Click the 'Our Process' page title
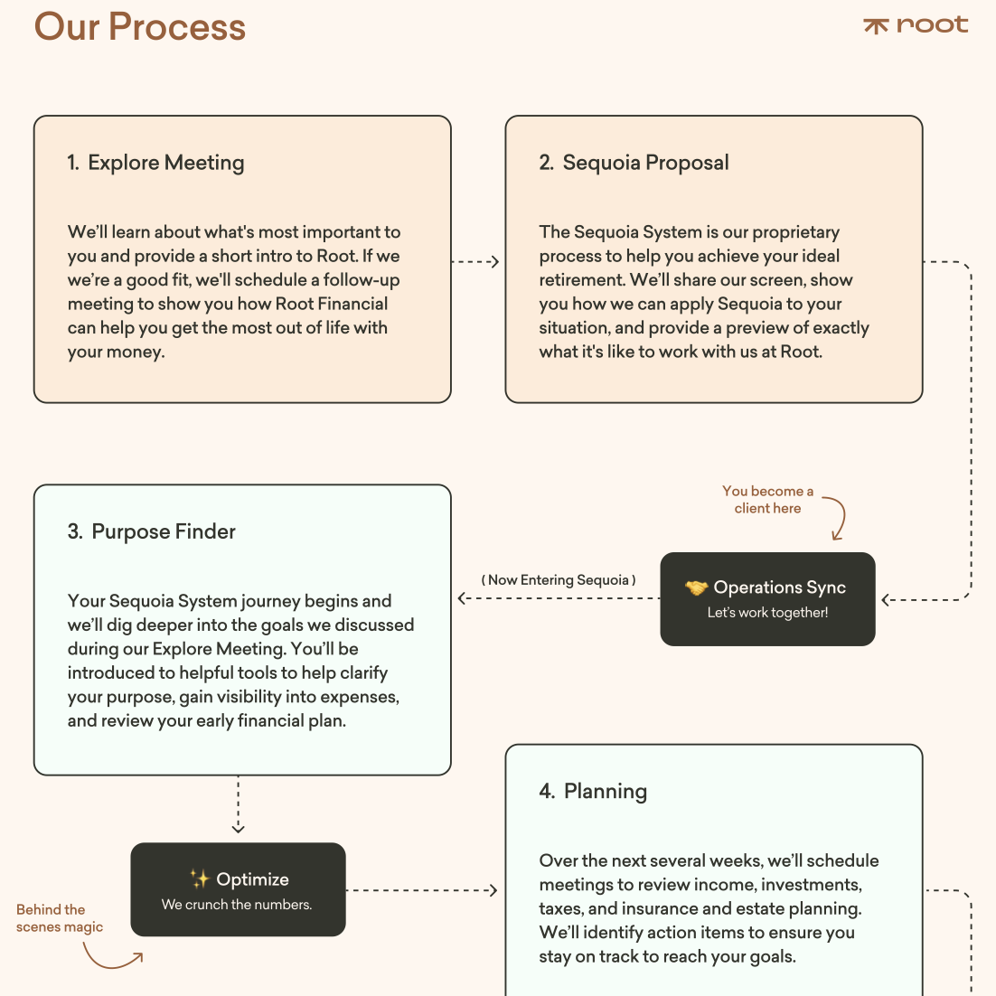[140, 27]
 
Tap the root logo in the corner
[916, 24]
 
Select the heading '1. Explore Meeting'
[155, 163]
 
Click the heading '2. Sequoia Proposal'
[634, 163]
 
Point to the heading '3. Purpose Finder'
[151, 531]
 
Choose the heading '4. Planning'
[593, 792]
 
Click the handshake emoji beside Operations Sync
[696, 587]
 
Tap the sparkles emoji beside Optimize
[200, 879]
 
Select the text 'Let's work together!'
[767, 613]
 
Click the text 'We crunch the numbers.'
[237, 905]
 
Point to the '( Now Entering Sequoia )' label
[559, 580]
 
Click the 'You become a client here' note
[767, 499]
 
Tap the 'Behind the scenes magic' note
[59, 918]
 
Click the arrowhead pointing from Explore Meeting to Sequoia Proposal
[494, 262]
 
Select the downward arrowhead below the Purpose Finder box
[239, 828]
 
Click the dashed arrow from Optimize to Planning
[422, 890]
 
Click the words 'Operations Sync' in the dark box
[779, 587]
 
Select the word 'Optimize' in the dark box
[252, 879]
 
